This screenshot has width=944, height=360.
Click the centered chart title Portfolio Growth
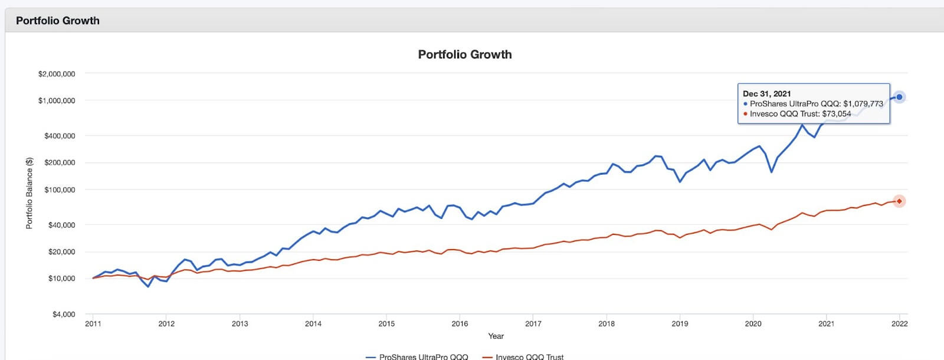tap(465, 54)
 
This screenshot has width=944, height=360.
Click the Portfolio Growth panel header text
tap(58, 21)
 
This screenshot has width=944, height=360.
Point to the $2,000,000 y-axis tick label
tap(57, 74)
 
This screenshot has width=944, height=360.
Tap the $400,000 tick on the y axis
tap(60, 136)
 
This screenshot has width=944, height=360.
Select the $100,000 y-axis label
tap(60, 190)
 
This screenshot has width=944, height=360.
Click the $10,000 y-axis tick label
tap(61, 279)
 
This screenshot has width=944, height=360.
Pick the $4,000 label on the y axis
tap(64, 315)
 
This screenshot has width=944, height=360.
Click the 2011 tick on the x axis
tap(93, 324)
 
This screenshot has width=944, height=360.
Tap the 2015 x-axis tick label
tap(386, 324)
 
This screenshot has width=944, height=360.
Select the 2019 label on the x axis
tap(680, 324)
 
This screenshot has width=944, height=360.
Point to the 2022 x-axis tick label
tap(899, 324)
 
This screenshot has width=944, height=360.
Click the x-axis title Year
tap(496, 336)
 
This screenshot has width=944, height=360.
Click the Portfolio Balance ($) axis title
tap(29, 193)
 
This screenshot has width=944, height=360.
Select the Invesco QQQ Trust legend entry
tap(529, 356)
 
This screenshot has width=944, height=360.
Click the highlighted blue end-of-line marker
tap(899, 97)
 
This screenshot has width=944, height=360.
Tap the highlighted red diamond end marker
tap(899, 201)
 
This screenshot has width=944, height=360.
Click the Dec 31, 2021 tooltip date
tap(766, 94)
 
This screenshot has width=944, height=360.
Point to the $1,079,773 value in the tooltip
tap(863, 104)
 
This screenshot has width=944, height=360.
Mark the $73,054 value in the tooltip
tap(837, 114)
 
